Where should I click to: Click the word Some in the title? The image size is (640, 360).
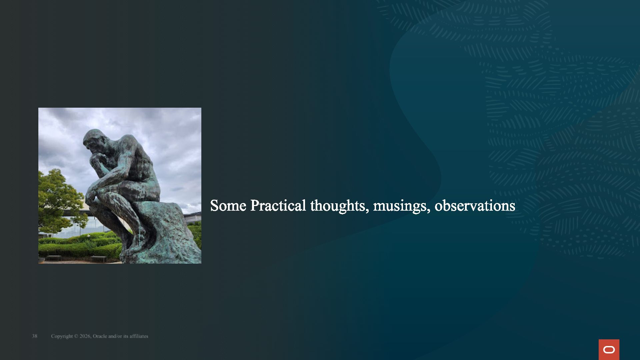click(x=228, y=206)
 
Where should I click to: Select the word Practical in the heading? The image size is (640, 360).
click(x=278, y=206)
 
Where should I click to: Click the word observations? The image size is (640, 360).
click(x=475, y=206)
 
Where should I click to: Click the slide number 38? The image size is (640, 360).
click(x=35, y=336)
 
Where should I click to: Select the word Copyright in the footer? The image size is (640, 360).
click(x=62, y=336)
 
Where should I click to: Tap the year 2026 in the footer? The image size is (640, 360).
click(x=85, y=336)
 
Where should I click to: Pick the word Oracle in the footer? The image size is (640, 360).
click(x=100, y=336)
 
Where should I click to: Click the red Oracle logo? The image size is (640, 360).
click(x=609, y=350)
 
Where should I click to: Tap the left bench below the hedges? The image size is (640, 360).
click(x=53, y=258)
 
